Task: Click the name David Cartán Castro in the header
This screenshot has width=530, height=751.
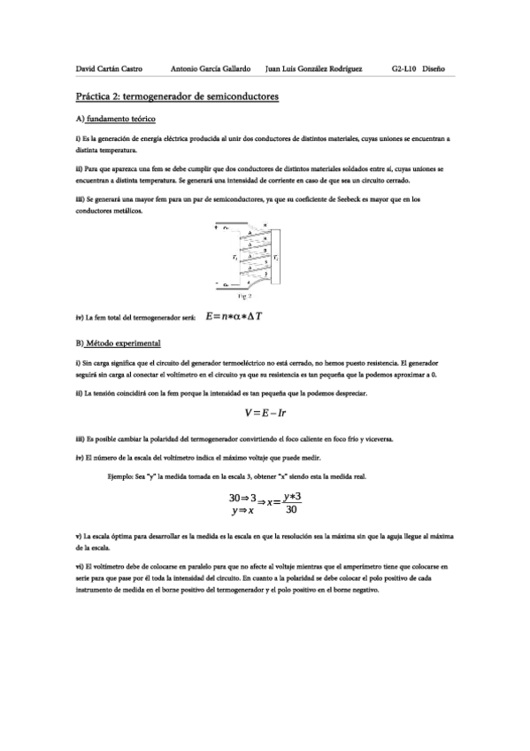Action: [109, 68]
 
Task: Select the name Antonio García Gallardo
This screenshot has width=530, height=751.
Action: [210, 68]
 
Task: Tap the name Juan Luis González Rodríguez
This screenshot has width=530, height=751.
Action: [313, 68]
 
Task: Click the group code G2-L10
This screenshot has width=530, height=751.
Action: [403, 68]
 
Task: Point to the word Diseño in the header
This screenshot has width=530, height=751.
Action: [434, 68]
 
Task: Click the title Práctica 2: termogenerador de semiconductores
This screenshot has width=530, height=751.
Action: [177, 96]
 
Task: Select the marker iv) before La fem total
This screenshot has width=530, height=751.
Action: [81, 317]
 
